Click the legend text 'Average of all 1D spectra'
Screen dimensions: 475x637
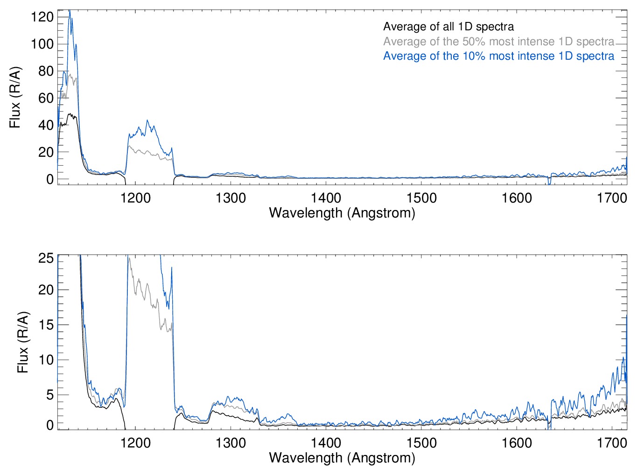[448, 27]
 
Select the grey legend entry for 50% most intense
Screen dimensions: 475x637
[498, 42]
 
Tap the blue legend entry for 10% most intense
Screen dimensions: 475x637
[498, 56]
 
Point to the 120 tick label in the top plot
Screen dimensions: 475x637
[42, 17]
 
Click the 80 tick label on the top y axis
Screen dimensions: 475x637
[45, 71]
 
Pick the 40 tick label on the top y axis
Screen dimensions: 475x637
[45, 125]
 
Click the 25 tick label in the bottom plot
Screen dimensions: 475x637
[46, 258]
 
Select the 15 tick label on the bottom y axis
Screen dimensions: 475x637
[46, 325]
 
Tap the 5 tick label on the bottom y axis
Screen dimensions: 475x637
[49, 395]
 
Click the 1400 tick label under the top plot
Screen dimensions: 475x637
[326, 198]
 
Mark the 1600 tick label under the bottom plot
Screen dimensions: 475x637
[517, 443]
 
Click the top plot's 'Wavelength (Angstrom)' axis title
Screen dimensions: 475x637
[342, 213]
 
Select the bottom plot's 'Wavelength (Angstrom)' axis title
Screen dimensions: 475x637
[342, 458]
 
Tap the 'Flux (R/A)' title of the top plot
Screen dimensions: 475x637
[15, 98]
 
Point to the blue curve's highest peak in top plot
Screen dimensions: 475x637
[70, 11]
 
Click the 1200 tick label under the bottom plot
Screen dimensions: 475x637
[135, 443]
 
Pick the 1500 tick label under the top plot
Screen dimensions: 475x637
[421, 198]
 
